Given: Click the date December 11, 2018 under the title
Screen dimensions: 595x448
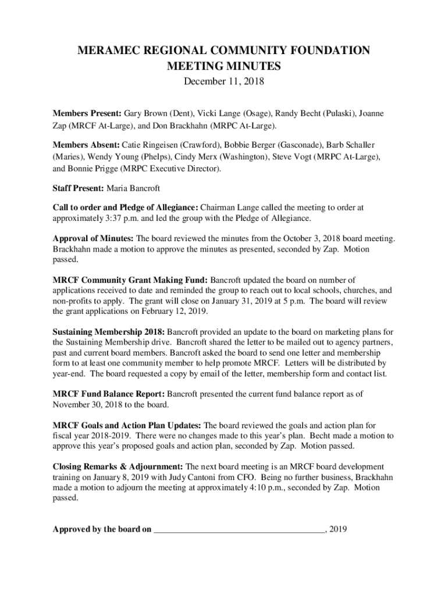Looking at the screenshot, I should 224,82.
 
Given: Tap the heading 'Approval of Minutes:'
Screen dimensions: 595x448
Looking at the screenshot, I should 94,238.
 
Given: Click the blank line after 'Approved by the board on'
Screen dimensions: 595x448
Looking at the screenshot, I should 239,529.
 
